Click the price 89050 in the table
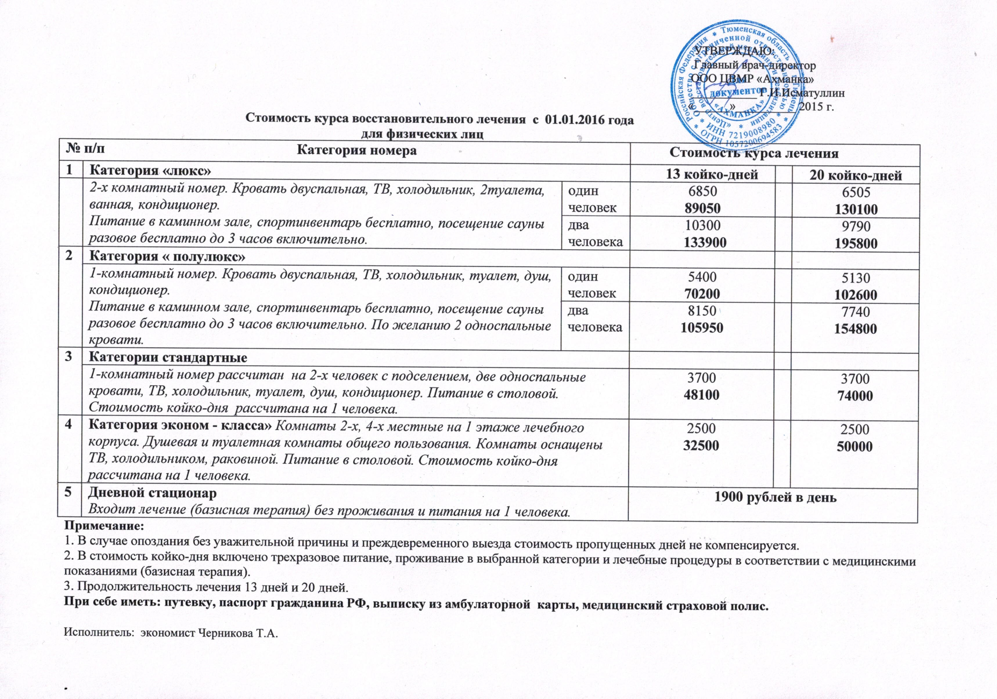coord(702,208)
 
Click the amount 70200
coord(702,293)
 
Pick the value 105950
coord(702,327)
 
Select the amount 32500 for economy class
coord(702,445)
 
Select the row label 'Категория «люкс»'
coord(150,171)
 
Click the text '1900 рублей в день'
coord(776,498)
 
